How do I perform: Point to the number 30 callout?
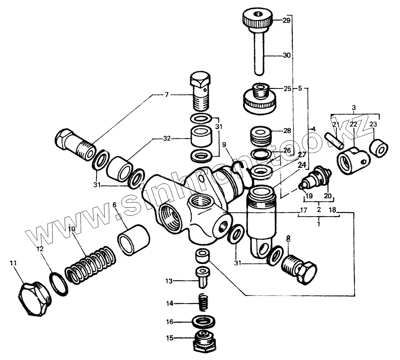(x=287, y=56)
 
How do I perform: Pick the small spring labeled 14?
(x=204, y=303)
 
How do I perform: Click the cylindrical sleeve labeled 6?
(x=134, y=240)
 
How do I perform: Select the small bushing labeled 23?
(x=378, y=148)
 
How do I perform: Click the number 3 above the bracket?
(x=354, y=108)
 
